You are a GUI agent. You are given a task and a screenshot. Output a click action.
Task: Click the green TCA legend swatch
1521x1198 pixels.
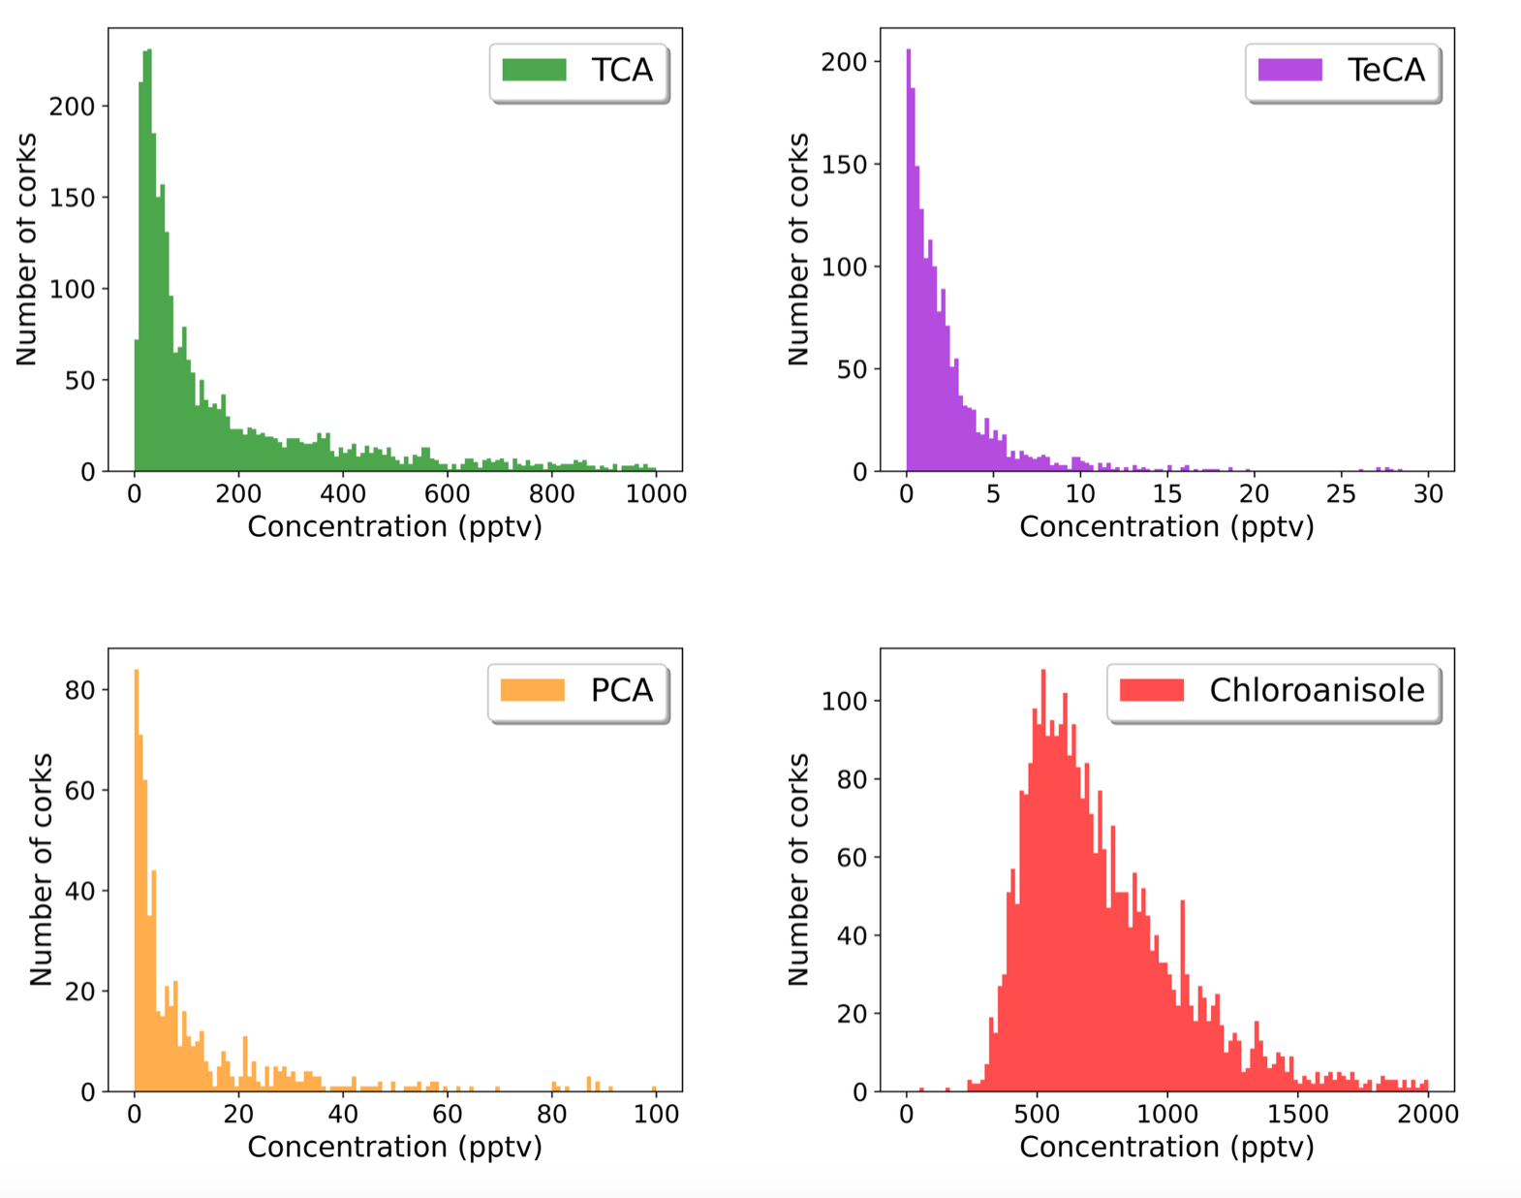tap(534, 70)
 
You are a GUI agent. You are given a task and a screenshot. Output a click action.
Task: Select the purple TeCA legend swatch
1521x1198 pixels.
tap(1289, 70)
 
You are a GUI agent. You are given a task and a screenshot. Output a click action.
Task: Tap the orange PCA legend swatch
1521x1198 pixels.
tap(532, 690)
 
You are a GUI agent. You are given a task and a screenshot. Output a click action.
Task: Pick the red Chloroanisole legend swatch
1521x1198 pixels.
tap(1151, 690)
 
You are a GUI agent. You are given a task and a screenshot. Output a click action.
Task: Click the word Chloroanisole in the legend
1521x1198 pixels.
tap(1317, 690)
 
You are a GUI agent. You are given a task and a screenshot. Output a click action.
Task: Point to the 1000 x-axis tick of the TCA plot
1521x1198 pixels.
tap(656, 494)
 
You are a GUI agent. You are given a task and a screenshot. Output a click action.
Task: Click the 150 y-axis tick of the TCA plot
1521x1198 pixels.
tap(73, 198)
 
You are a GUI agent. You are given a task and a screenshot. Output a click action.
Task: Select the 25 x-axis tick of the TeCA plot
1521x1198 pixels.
tap(1341, 494)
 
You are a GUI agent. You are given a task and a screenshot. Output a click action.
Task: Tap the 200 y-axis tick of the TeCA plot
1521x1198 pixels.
tap(844, 62)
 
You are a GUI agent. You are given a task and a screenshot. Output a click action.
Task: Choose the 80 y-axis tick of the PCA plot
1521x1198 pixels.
tap(79, 690)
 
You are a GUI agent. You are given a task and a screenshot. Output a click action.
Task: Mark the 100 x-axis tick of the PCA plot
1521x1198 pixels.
tap(656, 1115)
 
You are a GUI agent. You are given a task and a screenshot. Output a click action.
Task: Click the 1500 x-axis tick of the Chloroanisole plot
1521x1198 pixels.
tap(1297, 1115)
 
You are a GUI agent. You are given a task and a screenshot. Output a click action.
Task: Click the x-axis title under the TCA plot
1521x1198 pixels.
tap(394, 526)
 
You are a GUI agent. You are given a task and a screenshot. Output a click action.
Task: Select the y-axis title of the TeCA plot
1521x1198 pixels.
tap(798, 249)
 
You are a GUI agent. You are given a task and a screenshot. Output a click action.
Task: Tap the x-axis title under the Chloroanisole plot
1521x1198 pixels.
tap(1166, 1147)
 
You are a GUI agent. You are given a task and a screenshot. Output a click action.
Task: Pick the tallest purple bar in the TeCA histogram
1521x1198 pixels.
tap(909, 262)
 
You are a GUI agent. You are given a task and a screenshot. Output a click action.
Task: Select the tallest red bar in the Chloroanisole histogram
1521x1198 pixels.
tap(1043, 872)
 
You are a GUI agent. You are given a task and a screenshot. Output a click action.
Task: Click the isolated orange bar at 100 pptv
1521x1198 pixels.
tap(655, 1088)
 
